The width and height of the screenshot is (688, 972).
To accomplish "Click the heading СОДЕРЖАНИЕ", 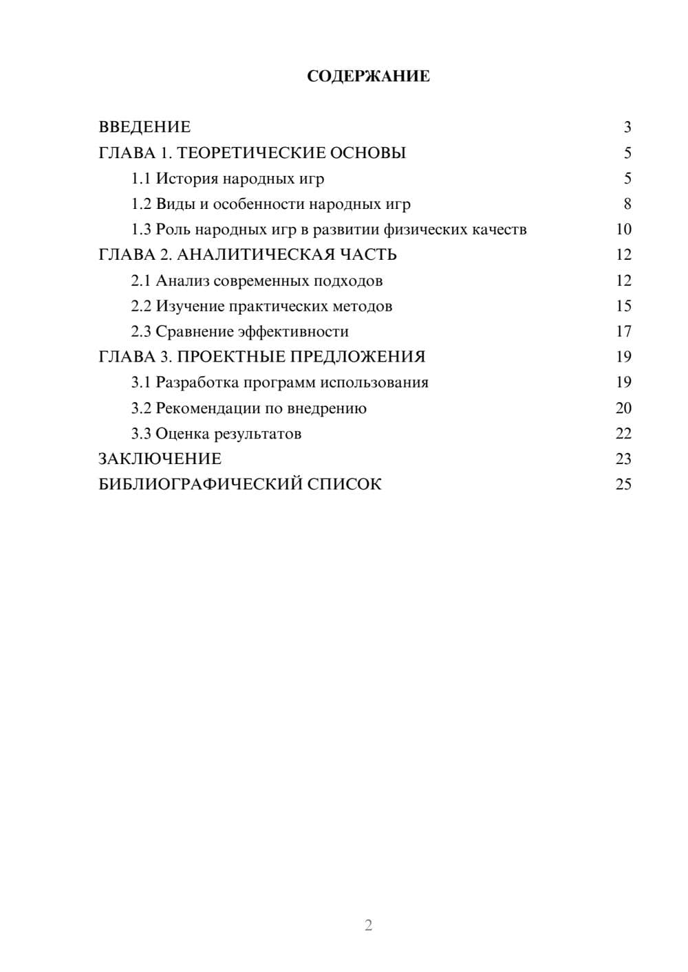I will [x=368, y=76].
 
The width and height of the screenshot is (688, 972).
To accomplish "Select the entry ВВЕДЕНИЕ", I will [x=144, y=127].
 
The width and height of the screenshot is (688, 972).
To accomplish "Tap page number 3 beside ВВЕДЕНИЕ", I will [x=627, y=127].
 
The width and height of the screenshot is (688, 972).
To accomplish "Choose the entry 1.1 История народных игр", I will [x=228, y=179].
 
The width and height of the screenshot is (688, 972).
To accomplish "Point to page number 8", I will [x=627, y=204].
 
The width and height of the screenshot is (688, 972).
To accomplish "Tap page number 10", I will [x=623, y=230].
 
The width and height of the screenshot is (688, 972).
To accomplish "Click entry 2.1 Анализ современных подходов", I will [x=257, y=281].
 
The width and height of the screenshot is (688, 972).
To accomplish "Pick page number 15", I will [x=623, y=306].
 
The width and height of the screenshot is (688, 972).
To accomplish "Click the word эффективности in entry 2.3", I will [x=293, y=332].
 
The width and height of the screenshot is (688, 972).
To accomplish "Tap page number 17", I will [x=623, y=332].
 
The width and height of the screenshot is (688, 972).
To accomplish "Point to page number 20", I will [x=623, y=408].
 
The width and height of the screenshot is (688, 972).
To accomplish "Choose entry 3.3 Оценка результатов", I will [x=216, y=434].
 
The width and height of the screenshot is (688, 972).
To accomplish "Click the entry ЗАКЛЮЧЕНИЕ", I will [x=160, y=459].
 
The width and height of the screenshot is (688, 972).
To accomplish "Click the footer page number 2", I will [x=368, y=925].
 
